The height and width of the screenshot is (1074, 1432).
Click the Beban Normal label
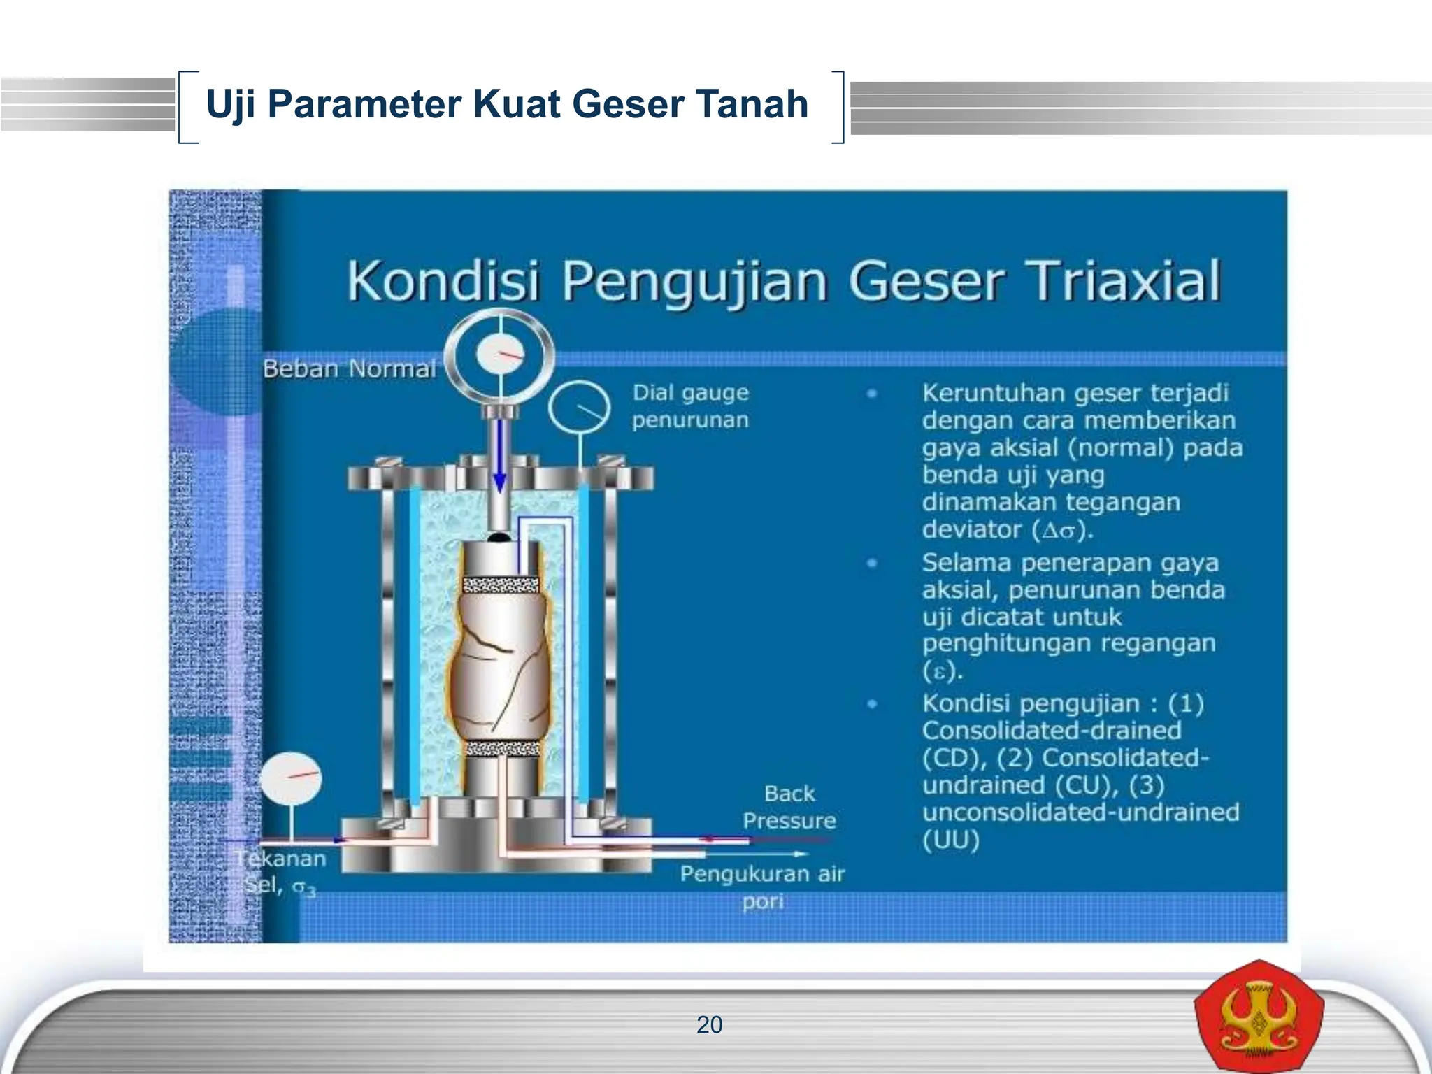click(349, 368)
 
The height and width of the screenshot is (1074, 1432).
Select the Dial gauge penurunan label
click(690, 406)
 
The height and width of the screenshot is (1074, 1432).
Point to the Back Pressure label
click(789, 807)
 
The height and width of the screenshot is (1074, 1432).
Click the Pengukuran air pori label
click(762, 887)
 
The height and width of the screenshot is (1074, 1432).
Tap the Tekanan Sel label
click(280, 871)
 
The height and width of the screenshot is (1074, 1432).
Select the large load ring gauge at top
click(500, 355)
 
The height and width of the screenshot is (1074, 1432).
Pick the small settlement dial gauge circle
click(578, 408)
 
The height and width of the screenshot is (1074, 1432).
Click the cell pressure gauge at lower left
click(291, 778)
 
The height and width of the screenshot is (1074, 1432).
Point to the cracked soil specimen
click(500, 664)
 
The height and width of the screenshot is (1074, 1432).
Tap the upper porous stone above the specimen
click(501, 585)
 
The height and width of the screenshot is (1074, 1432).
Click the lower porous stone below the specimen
click(501, 749)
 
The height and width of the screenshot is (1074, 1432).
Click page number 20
click(709, 1025)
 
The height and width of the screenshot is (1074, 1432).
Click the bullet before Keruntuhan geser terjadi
click(872, 394)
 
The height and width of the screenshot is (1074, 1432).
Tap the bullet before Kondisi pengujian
click(872, 704)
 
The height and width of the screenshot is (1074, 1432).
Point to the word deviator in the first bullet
click(973, 529)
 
